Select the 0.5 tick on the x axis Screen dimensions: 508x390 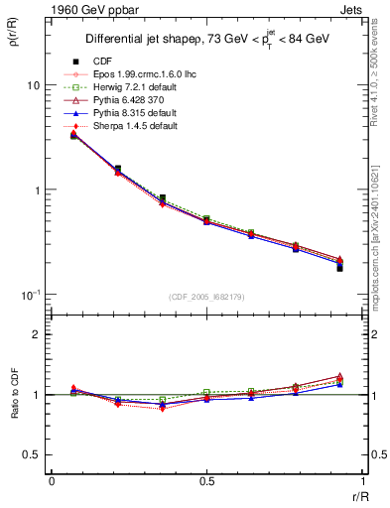coord(205,481)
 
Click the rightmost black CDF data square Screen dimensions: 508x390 coord(339,268)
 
